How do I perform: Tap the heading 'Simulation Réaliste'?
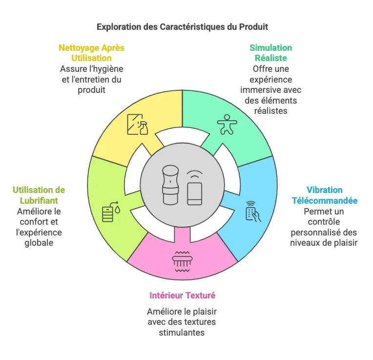(270, 53)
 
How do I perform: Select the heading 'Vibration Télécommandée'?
(325, 195)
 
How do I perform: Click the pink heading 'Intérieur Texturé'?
(182, 295)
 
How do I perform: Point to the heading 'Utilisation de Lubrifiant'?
(39, 195)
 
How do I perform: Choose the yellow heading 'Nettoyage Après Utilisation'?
(91, 53)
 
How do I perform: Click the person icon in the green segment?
(226, 125)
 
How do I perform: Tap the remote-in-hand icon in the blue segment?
(253, 211)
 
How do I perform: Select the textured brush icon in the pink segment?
(182, 262)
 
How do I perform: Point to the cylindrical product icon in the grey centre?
(169, 185)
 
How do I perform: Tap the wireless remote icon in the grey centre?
(195, 188)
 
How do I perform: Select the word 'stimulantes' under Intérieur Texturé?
(182, 333)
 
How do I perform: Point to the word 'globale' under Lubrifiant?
(39, 243)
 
